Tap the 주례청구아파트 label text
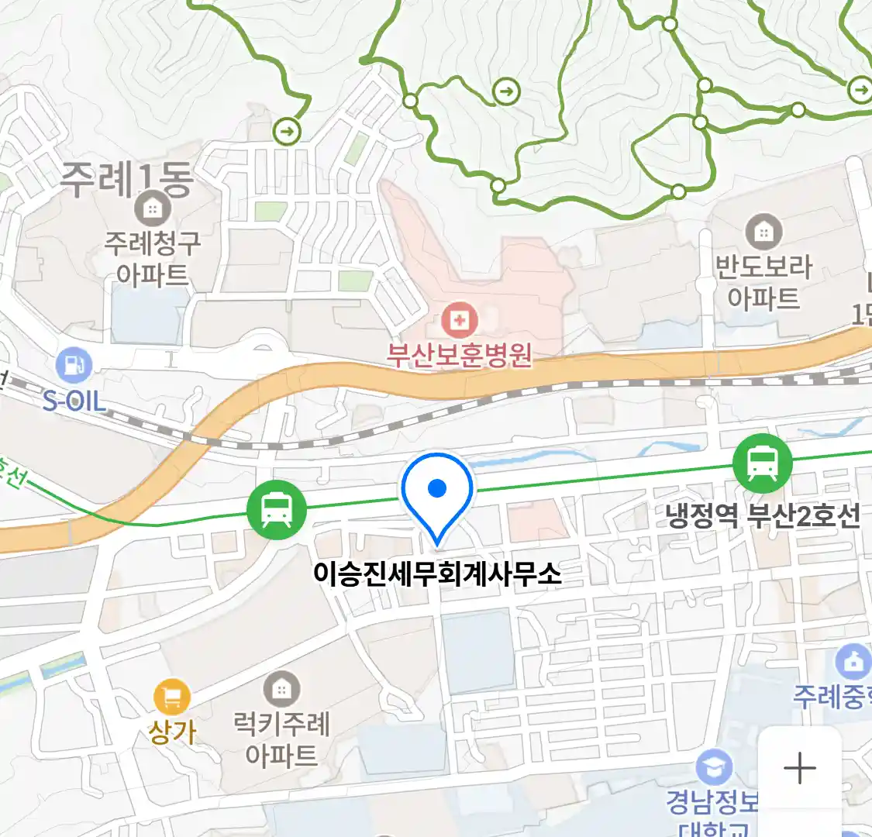(x=153, y=259)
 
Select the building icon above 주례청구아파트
(x=152, y=208)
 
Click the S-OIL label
(x=74, y=401)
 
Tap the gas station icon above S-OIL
(x=74, y=366)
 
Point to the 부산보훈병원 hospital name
(x=460, y=355)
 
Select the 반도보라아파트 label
(x=763, y=282)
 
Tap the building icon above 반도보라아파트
(x=763, y=232)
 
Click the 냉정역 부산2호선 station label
(x=763, y=515)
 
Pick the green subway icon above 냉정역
(x=763, y=463)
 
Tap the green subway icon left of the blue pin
(x=277, y=509)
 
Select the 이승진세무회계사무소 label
(x=437, y=573)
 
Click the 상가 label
(x=172, y=732)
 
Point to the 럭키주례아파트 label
(x=282, y=739)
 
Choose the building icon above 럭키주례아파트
(x=281, y=689)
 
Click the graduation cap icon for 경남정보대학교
(x=714, y=768)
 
